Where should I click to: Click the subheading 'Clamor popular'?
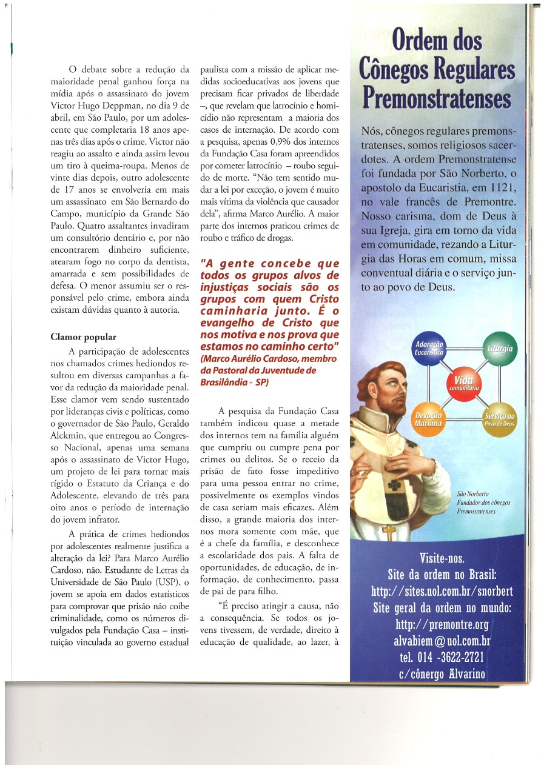tap(84, 337)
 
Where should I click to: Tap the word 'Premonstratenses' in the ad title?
tap(436, 98)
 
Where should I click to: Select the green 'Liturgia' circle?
tap(499, 348)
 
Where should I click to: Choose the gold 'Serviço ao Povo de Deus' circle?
tap(499, 418)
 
